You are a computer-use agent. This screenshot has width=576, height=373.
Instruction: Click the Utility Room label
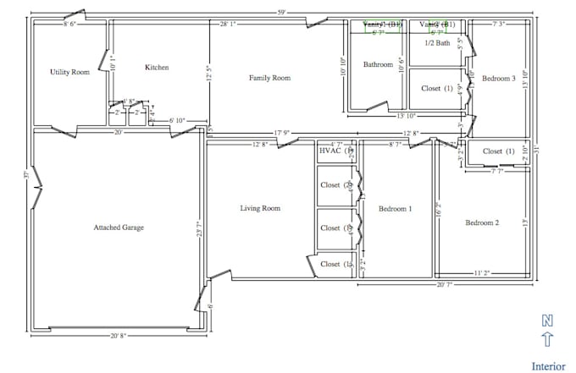pyautogui.click(x=69, y=73)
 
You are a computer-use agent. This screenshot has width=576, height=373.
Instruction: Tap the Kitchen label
pyautogui.click(x=157, y=68)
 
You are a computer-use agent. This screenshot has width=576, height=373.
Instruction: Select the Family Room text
pyautogui.click(x=269, y=78)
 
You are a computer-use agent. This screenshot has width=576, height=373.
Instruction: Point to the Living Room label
pyautogui.click(x=259, y=208)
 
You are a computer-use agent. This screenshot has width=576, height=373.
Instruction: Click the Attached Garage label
pyautogui.click(x=118, y=228)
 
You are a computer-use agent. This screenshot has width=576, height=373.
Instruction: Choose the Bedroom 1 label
pyautogui.click(x=395, y=209)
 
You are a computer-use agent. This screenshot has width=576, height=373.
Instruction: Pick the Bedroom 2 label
pyautogui.click(x=482, y=223)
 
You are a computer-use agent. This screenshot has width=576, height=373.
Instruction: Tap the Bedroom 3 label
pyautogui.click(x=499, y=79)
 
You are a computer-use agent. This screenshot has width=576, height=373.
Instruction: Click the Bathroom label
pyautogui.click(x=378, y=64)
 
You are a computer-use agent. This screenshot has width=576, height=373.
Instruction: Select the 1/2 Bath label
pyautogui.click(x=437, y=43)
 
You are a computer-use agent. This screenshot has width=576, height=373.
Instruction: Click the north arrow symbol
pyautogui.click(x=547, y=340)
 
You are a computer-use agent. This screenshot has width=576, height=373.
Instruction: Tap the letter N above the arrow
pyautogui.click(x=547, y=321)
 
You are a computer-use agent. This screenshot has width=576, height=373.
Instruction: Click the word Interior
pyautogui.click(x=548, y=366)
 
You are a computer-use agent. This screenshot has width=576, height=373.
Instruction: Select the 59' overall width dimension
pyautogui.click(x=280, y=12)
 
